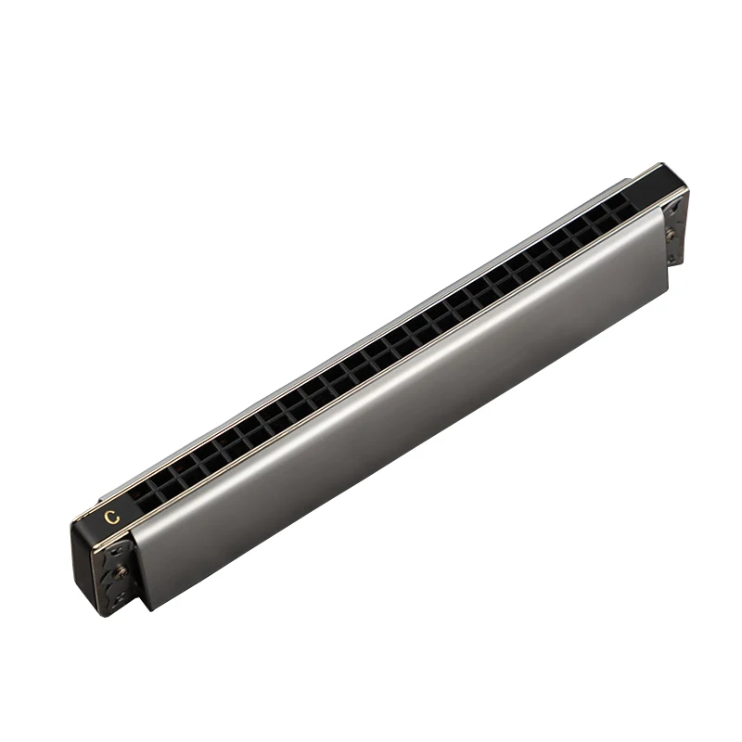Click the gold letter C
coord(112,517)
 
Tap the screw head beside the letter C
coord(122,572)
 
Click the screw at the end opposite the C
coord(670,234)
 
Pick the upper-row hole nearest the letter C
coord(140,493)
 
